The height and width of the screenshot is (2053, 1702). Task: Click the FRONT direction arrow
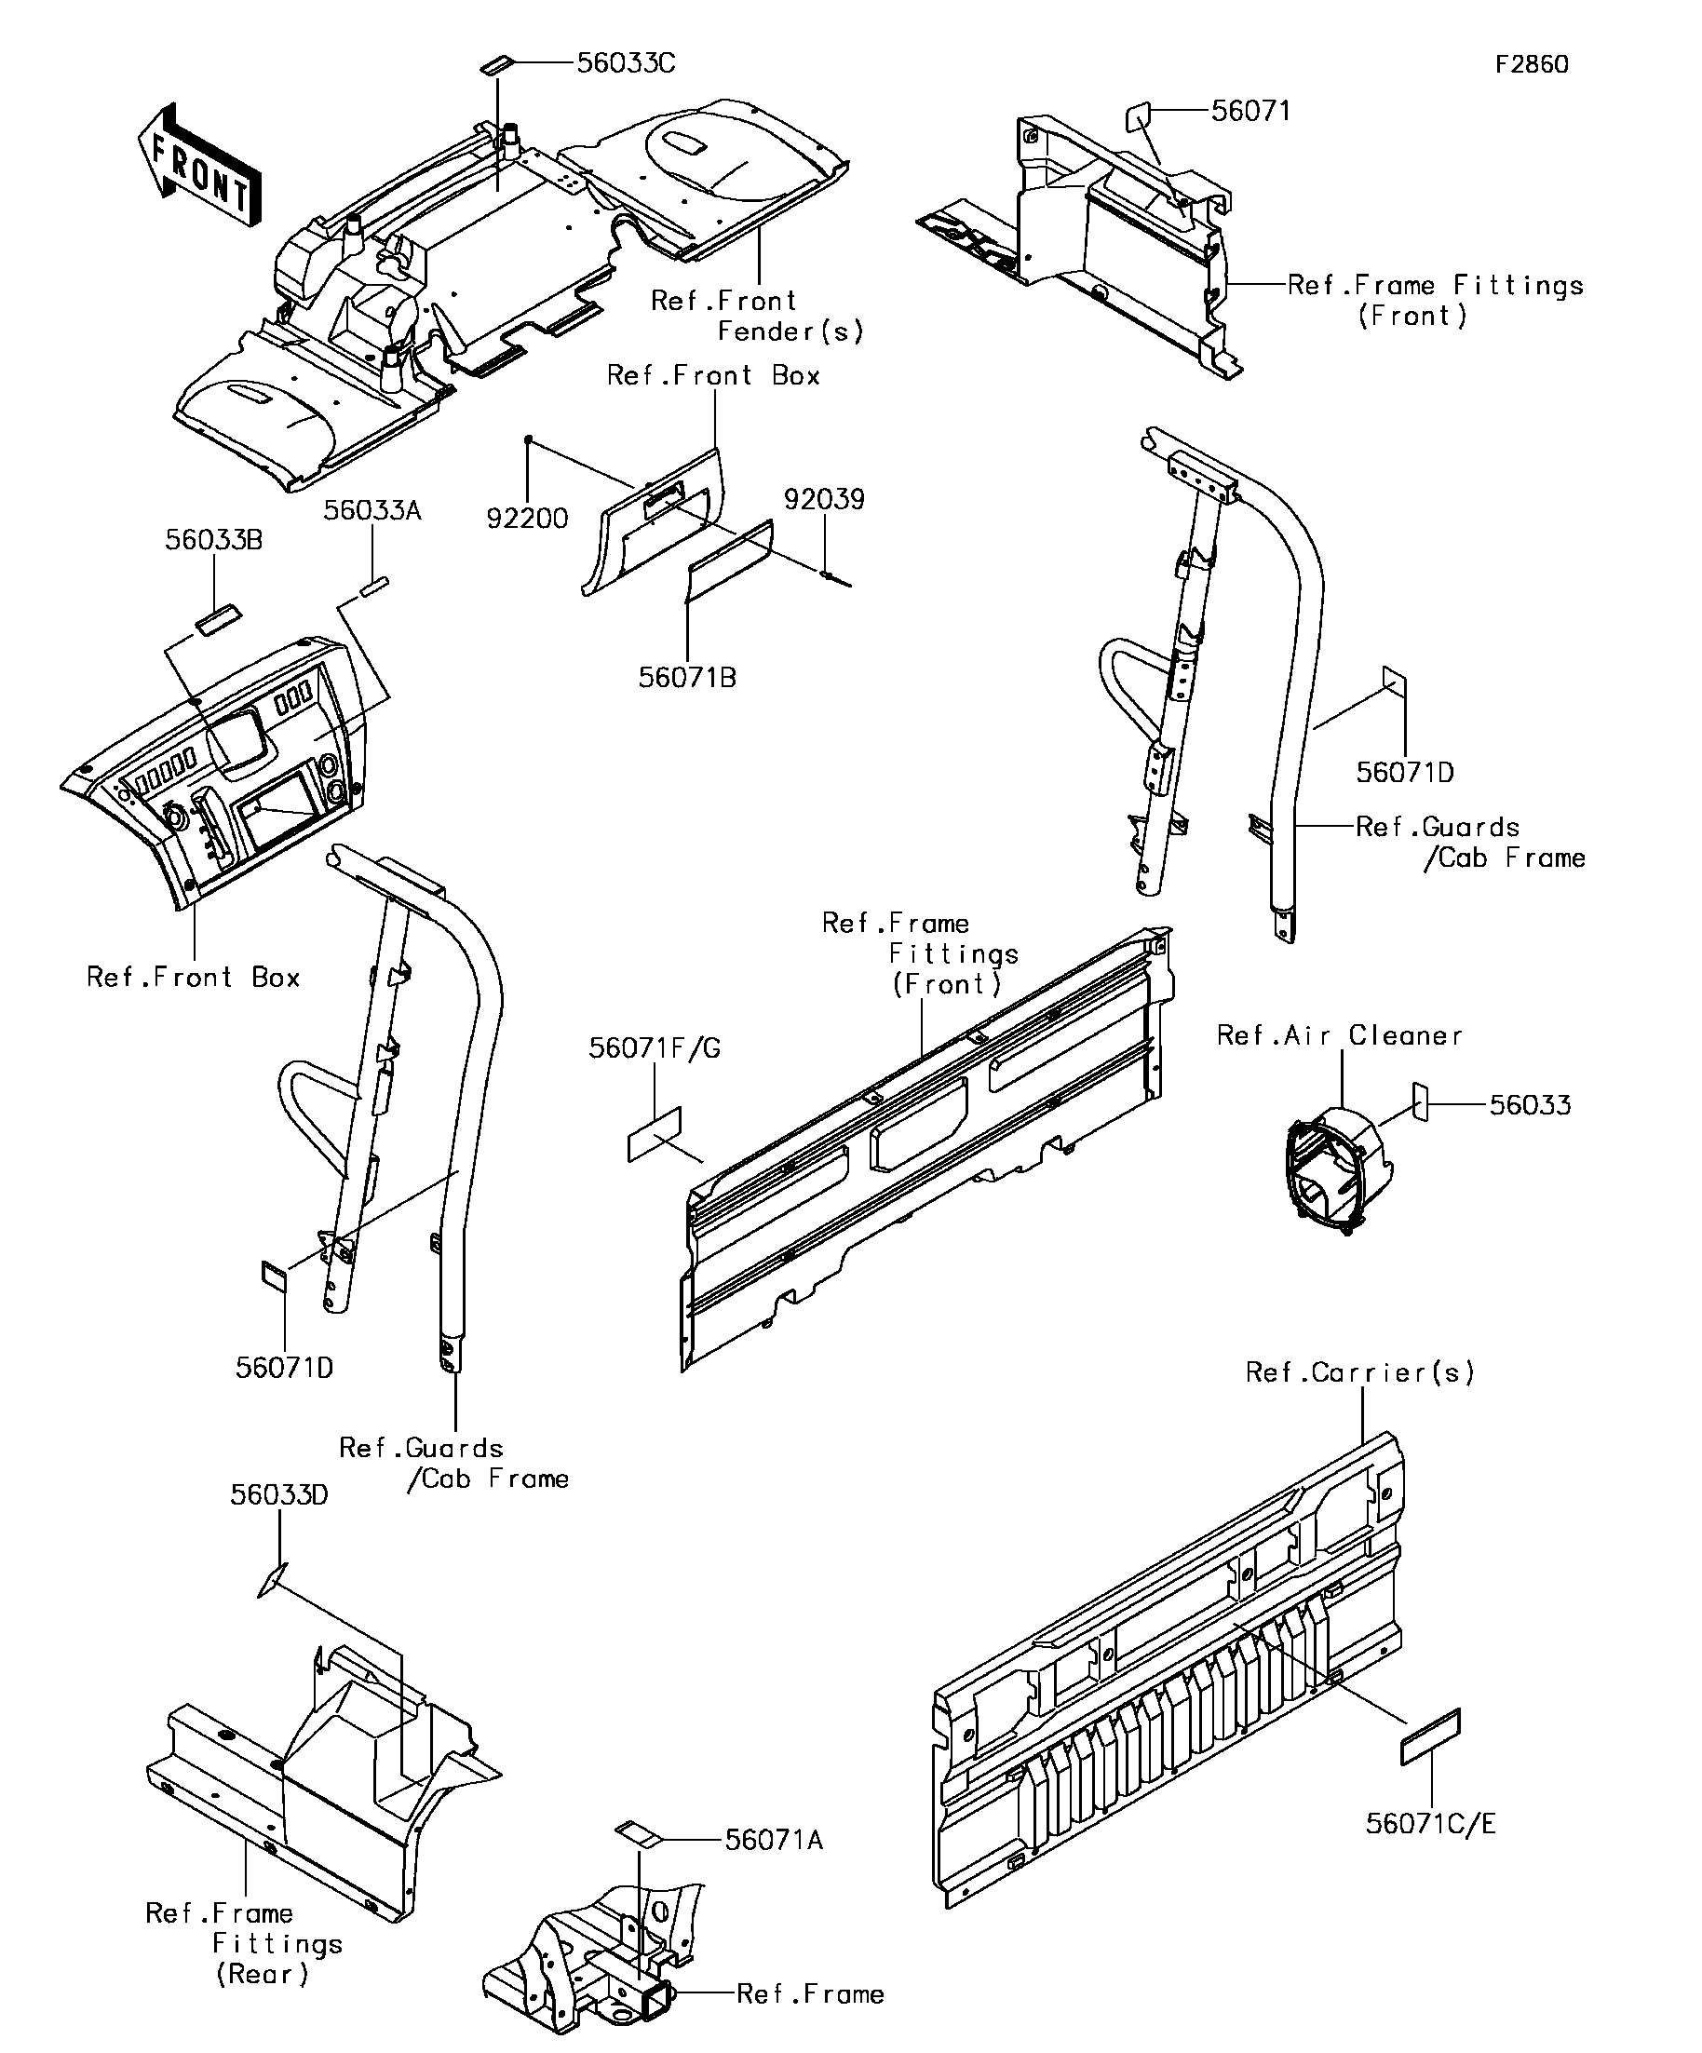198,164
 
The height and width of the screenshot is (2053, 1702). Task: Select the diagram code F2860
1532,64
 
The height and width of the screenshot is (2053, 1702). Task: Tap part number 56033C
626,62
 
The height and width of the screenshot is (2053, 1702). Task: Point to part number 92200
527,518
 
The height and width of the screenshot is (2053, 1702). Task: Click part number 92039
824,500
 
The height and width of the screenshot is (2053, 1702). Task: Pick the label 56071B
687,678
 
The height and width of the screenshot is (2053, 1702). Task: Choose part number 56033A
372,510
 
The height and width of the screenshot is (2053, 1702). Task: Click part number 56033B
214,540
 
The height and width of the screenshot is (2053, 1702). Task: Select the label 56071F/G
654,1048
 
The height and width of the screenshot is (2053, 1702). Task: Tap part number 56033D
279,1494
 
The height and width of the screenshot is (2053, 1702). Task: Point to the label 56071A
775,1841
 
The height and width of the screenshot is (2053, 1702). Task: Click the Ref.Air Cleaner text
1339,1035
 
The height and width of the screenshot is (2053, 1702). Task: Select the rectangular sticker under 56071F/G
654,1134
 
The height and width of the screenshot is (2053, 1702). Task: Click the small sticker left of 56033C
494,64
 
